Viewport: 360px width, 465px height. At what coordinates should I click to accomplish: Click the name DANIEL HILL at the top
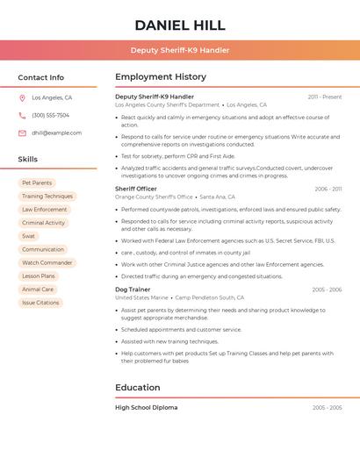(180, 25)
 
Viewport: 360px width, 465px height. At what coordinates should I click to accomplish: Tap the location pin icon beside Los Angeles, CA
(22, 98)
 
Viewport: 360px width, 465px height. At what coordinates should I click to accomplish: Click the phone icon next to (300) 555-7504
(22, 116)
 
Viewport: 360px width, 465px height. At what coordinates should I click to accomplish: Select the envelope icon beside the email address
(22, 133)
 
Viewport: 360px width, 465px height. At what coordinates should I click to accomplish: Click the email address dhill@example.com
(57, 133)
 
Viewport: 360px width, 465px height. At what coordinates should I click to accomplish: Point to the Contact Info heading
(40, 77)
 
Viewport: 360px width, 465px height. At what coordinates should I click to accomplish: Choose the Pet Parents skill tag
(37, 183)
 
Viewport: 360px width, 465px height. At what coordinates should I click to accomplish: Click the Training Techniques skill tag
(47, 197)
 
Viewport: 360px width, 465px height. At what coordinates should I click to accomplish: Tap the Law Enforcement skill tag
(45, 210)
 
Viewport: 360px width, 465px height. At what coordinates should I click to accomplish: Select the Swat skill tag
(29, 236)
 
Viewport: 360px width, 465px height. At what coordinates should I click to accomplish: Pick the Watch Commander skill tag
(47, 263)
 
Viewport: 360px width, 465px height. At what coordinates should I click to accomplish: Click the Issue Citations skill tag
(40, 303)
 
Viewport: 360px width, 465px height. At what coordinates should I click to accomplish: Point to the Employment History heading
(161, 77)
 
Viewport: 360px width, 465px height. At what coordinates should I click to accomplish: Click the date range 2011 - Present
(325, 97)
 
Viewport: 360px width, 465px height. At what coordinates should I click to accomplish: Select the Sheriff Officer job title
(136, 189)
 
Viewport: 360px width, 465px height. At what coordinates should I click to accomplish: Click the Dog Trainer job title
(133, 290)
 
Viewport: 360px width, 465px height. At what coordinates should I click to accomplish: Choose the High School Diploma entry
(146, 408)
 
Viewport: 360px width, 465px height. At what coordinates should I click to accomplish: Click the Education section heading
(138, 388)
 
